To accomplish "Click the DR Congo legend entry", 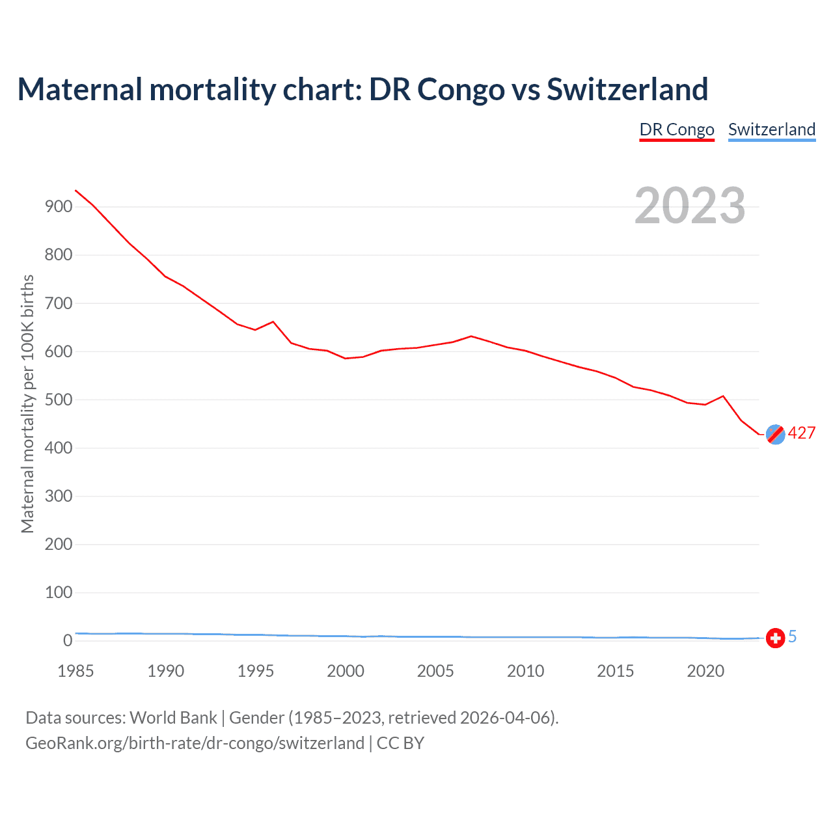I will click(x=677, y=130).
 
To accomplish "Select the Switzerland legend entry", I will click(x=772, y=130).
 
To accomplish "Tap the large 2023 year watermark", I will click(x=690, y=205).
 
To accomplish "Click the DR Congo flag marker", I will click(x=775, y=434).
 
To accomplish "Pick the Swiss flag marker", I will click(x=775, y=638).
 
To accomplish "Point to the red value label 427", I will click(x=802, y=433).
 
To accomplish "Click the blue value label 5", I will click(x=793, y=637).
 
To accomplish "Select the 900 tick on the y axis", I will click(x=59, y=207).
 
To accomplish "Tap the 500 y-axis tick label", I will click(x=59, y=400).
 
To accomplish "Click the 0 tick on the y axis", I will click(x=68, y=641).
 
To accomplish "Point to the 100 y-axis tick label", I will click(x=59, y=593).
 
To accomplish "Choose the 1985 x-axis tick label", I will click(x=75, y=671).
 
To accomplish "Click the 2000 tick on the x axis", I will click(x=346, y=671).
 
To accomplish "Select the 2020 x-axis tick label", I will click(x=705, y=671).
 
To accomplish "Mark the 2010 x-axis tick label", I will click(x=525, y=671).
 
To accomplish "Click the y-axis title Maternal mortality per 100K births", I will click(x=27, y=403).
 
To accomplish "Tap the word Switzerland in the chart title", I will click(x=627, y=89).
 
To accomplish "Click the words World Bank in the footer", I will click(x=173, y=718).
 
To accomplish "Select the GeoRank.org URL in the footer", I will click(x=195, y=743).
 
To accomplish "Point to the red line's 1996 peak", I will click(x=273, y=321).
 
